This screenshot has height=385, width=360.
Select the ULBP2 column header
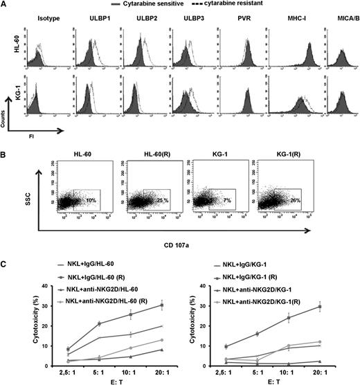136,19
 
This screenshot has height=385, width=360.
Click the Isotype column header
40,19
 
